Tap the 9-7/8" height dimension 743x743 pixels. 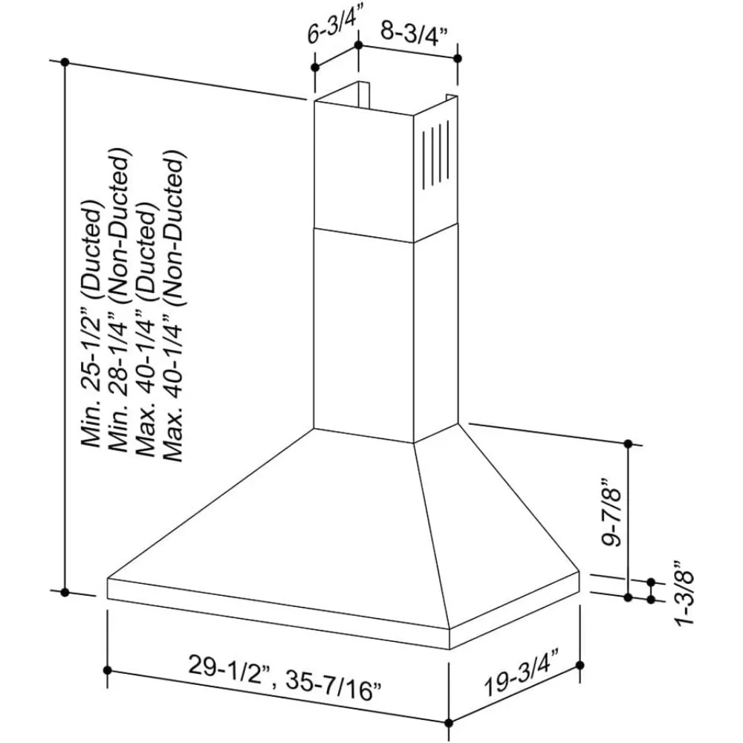coord(613,518)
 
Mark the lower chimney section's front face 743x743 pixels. coord(363,334)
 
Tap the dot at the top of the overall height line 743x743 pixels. coord(65,61)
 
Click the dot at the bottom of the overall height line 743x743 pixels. coord(65,592)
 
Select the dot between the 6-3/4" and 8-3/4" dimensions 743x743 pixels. coord(359,46)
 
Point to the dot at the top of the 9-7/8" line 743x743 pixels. coord(629,444)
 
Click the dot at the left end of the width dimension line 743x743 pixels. coord(108,670)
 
